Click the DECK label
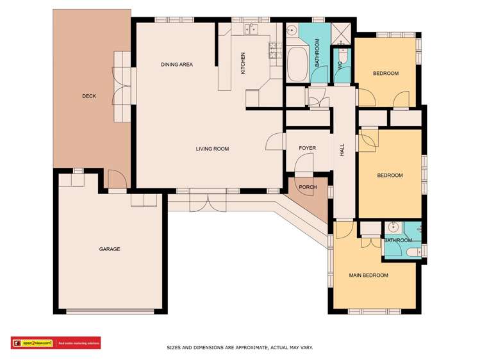[x=89, y=96]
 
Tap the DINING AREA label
[x=177, y=65]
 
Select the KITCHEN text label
[x=243, y=63]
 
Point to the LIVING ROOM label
[x=212, y=149]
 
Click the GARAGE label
[x=110, y=249]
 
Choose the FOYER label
[x=308, y=149]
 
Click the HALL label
[x=342, y=149]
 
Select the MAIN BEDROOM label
[x=368, y=275]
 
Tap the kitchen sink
[x=251, y=28]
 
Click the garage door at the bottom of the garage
[x=110, y=312]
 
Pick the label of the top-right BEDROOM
[x=386, y=74]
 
